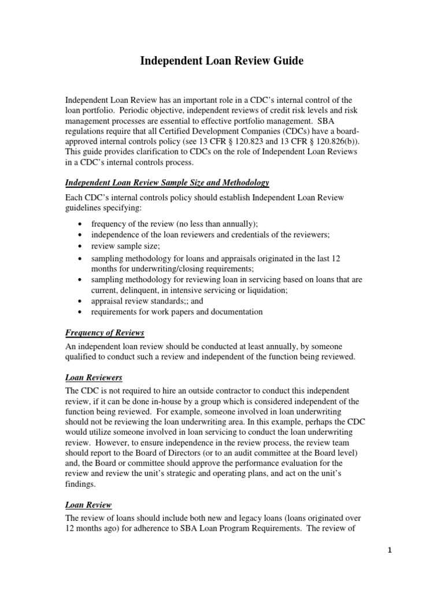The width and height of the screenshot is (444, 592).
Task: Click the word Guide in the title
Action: [287, 61]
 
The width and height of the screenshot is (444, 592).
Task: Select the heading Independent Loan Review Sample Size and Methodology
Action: [167, 183]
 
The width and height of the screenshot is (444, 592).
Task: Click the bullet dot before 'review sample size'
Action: [79, 246]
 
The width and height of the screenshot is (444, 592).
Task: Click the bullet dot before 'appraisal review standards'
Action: [79, 302]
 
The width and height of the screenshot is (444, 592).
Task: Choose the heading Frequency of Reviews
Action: [105, 333]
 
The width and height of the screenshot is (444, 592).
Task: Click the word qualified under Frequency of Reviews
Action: [83, 357]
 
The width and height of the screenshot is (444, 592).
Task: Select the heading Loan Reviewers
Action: [94, 378]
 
